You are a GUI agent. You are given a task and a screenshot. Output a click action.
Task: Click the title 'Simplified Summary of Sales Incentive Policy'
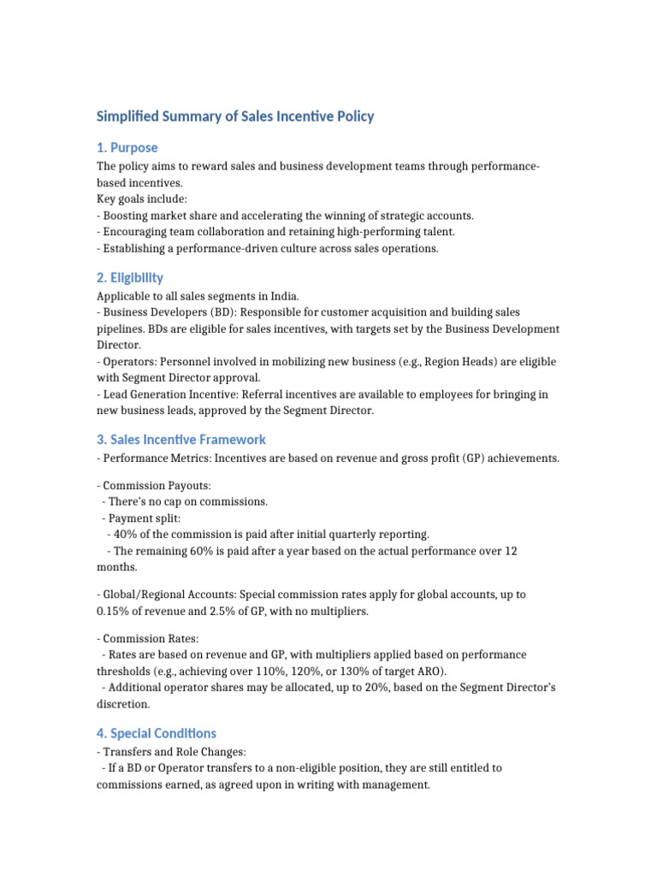[235, 116]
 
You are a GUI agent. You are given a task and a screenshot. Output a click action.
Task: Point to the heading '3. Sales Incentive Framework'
[181, 439]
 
